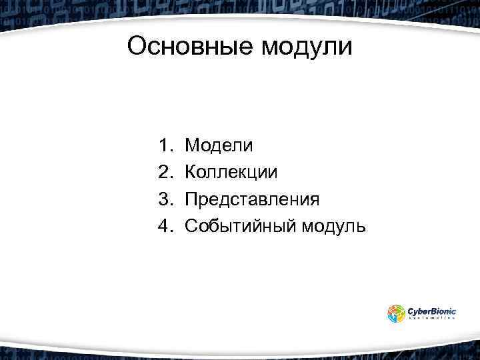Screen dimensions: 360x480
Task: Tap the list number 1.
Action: click(x=165, y=145)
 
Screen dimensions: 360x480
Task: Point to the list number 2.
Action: click(x=165, y=172)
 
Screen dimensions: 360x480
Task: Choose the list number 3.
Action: click(x=165, y=199)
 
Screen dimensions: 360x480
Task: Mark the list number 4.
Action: click(x=165, y=226)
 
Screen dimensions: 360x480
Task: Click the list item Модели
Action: click(x=219, y=145)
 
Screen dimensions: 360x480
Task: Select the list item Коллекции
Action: click(x=231, y=173)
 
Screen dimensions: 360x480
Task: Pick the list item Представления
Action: click(x=252, y=200)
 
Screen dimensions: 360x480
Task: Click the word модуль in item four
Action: click(x=334, y=227)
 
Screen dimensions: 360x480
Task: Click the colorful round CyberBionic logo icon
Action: click(x=396, y=314)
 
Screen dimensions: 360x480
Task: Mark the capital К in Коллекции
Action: click(x=191, y=172)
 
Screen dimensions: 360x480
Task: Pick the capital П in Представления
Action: click(x=191, y=199)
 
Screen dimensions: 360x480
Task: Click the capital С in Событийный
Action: click(x=191, y=226)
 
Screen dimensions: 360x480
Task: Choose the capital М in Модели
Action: click(x=192, y=145)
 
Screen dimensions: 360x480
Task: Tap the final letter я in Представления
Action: click(x=314, y=200)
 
